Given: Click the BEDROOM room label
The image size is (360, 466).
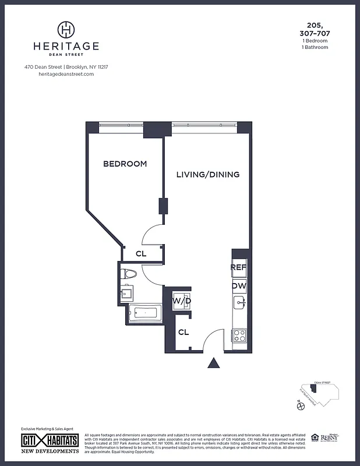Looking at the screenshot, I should [125, 164].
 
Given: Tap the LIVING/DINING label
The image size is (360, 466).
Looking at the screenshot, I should [208, 174].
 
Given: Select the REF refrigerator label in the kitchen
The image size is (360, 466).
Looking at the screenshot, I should [239, 267].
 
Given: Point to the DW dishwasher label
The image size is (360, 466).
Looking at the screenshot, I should [239, 286].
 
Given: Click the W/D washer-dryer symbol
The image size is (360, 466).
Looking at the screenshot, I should [181, 301].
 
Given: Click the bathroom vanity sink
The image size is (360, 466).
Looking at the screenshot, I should [126, 294].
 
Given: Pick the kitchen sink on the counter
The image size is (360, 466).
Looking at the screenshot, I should [239, 303].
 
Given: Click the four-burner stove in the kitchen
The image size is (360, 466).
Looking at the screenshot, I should [239, 336].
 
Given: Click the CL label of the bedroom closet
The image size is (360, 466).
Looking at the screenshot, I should [141, 253].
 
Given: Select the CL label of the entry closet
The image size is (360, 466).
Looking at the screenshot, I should [183, 333].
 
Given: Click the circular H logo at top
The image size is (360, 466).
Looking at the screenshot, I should [66, 29].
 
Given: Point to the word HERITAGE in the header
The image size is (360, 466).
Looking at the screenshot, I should [66, 46].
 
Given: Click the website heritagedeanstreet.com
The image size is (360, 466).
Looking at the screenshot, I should [66, 74].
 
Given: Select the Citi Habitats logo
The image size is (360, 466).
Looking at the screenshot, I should [50, 440].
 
